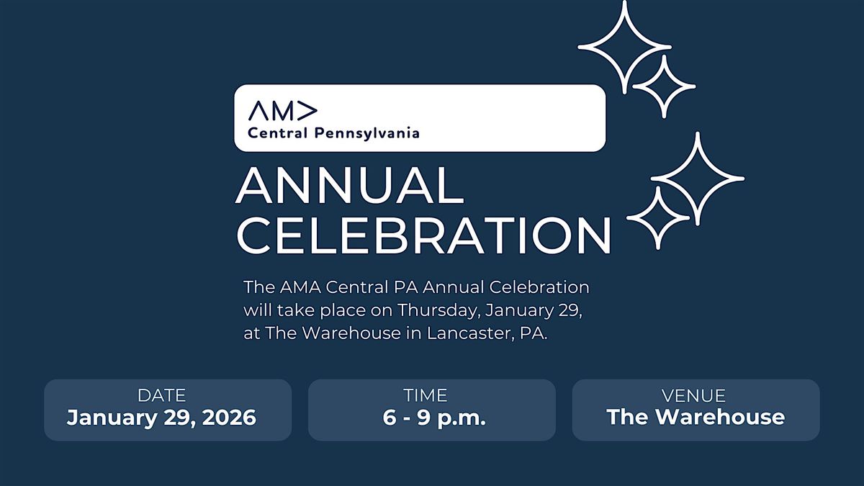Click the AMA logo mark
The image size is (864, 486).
pos(283,111)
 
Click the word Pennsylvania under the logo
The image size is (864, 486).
pos(366,133)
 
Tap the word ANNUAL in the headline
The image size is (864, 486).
pos(350,186)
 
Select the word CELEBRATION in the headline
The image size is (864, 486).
pos(424,235)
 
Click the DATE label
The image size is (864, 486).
pos(161,395)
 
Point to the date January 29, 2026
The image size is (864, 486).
pos(161,418)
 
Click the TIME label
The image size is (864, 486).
pos(426,395)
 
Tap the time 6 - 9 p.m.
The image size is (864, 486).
pos(434,418)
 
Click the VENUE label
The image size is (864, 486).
pos(693,396)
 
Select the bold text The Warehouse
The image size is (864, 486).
pos(696,417)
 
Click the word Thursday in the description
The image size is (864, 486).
pos(439,310)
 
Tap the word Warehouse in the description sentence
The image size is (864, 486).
pos(351,333)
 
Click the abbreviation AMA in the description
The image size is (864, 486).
pos(300,287)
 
